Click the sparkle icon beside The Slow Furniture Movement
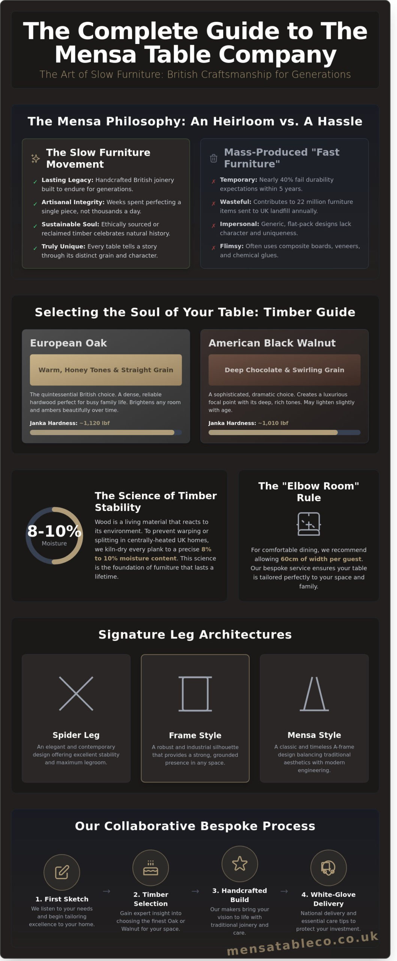pyautogui.click(x=35, y=158)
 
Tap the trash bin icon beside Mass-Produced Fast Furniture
pyautogui.click(x=214, y=158)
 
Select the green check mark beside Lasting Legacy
pyautogui.click(x=35, y=182)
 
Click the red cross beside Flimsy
pyautogui.click(x=214, y=248)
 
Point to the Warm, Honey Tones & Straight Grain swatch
pyautogui.click(x=106, y=370)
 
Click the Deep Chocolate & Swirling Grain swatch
pyautogui.click(x=284, y=370)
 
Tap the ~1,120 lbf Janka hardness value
pyautogui.click(x=95, y=423)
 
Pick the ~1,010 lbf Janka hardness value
pyautogui.click(x=273, y=423)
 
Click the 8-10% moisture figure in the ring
pyautogui.click(x=54, y=531)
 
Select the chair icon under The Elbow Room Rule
pyautogui.click(x=308, y=524)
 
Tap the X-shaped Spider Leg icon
pyautogui.click(x=76, y=694)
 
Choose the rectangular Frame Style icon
pyautogui.click(x=195, y=694)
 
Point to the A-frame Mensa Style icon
pyautogui.click(x=314, y=694)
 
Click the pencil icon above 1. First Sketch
pyautogui.click(x=62, y=872)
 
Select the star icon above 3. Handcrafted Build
pyautogui.click(x=240, y=864)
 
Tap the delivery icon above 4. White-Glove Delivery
pyautogui.click(x=328, y=868)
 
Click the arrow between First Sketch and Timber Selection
pyautogui.click(x=107, y=891)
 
